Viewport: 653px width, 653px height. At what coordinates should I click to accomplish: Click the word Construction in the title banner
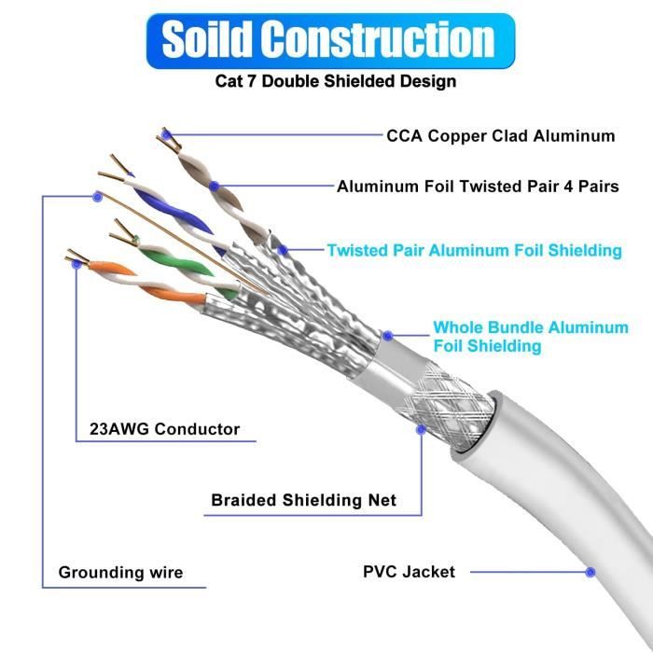(x=378, y=40)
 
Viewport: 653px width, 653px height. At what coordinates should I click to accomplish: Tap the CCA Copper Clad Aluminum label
(x=500, y=136)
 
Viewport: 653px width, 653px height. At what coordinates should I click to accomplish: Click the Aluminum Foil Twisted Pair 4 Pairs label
(x=478, y=186)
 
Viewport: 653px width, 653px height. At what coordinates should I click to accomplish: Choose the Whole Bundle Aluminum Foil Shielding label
(x=530, y=337)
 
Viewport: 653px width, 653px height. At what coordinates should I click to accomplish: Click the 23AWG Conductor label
(x=164, y=430)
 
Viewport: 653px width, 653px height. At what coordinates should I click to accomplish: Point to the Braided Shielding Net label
(x=303, y=500)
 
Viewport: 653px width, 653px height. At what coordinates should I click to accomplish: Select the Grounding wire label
(x=120, y=572)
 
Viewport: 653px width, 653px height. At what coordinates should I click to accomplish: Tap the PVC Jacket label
(x=409, y=571)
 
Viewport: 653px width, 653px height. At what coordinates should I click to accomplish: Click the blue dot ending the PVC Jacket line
(x=590, y=571)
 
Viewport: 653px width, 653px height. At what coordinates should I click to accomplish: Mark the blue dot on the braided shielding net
(x=422, y=430)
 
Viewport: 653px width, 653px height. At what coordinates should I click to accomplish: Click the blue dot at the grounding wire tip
(x=96, y=196)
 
